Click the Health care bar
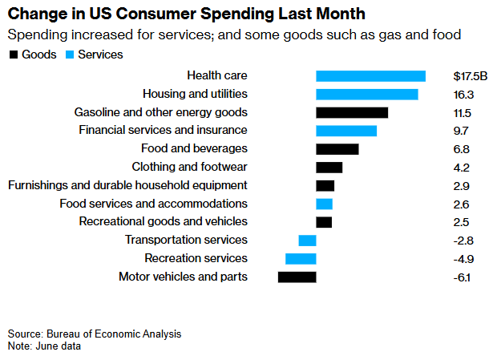[370, 76]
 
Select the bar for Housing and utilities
[367, 95]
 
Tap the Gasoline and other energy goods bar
[352, 113]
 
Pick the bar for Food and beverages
[337, 149]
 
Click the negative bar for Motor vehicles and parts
[297, 277]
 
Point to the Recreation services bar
[301, 258]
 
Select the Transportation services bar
[308, 241]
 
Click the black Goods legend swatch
[14, 55]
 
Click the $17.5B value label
[470, 76]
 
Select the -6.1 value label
[462, 277]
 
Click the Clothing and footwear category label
[189, 167]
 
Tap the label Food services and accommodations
[153, 204]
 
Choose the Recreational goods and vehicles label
[164, 222]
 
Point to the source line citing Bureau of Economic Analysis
[95, 334]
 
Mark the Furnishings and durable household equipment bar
[325, 186]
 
